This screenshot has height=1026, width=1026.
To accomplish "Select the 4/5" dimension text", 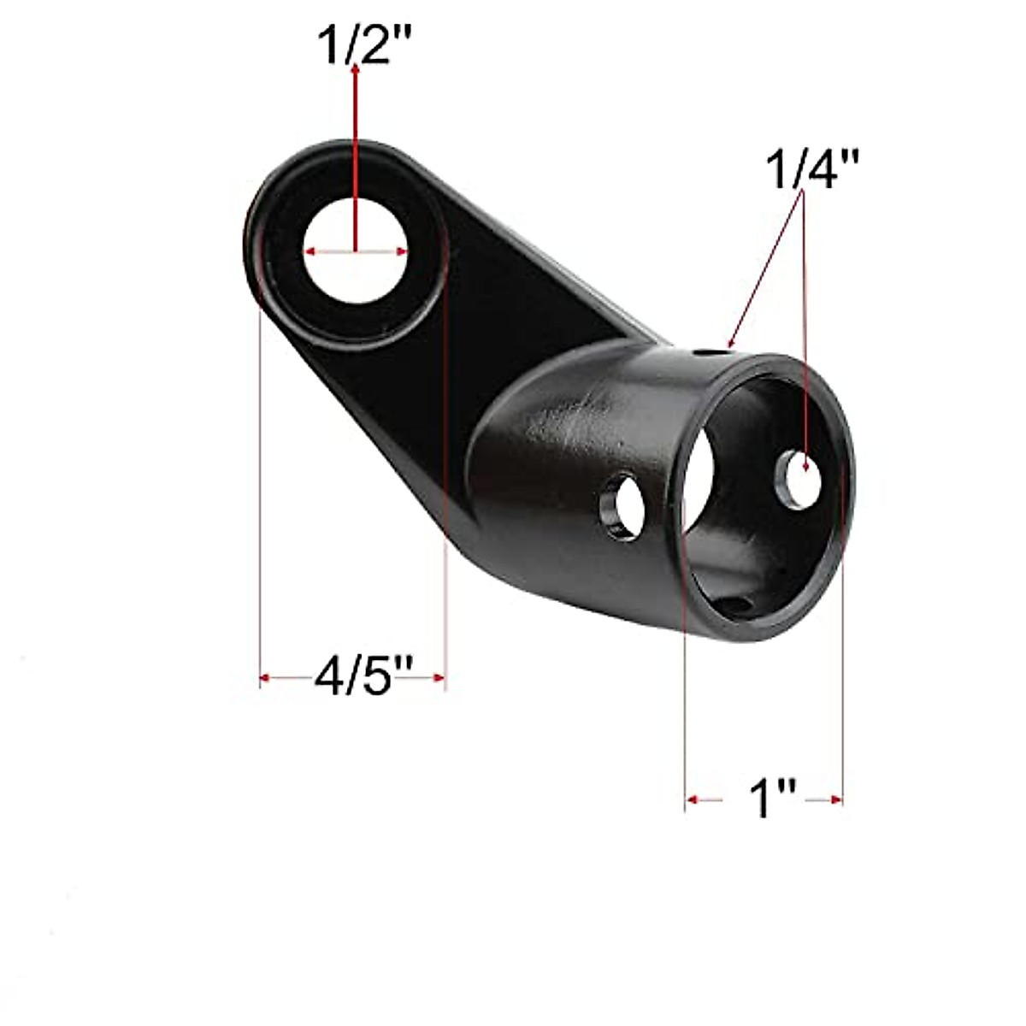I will tap(352, 678).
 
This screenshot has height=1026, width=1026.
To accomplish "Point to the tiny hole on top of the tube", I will tap(706, 351).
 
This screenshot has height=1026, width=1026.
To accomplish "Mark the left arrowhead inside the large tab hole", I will tap(311, 251).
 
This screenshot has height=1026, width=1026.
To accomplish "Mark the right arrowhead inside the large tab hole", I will tap(400, 251).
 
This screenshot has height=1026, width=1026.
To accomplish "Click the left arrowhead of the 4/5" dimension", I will tap(266, 678).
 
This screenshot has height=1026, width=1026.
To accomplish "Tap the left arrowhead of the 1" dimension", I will tap(693, 799).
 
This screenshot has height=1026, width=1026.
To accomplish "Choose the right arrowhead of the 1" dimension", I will tap(836, 799).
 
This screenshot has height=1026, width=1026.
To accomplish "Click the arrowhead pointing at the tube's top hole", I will tap(728, 344).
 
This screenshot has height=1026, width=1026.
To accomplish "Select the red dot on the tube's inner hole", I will tap(805, 466).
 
